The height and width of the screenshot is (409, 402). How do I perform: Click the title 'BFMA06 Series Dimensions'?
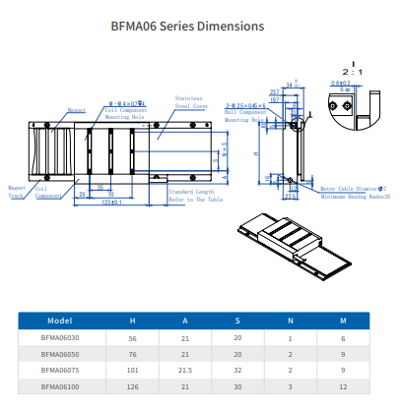pos(200,26)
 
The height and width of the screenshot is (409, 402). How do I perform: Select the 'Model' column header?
pos(59,321)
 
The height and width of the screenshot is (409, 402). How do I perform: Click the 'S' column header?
pos(237,321)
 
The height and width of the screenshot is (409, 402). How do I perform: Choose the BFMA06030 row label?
pos(59,337)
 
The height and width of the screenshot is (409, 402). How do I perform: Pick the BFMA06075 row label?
pos(59,371)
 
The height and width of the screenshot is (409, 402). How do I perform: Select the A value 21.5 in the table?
pos(186,371)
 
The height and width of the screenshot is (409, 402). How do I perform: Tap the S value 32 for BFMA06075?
pos(237,371)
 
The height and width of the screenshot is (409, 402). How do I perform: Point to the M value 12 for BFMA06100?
pos(343,387)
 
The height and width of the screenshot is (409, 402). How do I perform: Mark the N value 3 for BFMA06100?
pos(290,387)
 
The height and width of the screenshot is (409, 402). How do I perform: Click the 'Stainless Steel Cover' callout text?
pos(188,103)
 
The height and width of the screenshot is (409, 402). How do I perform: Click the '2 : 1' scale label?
pos(351,72)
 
